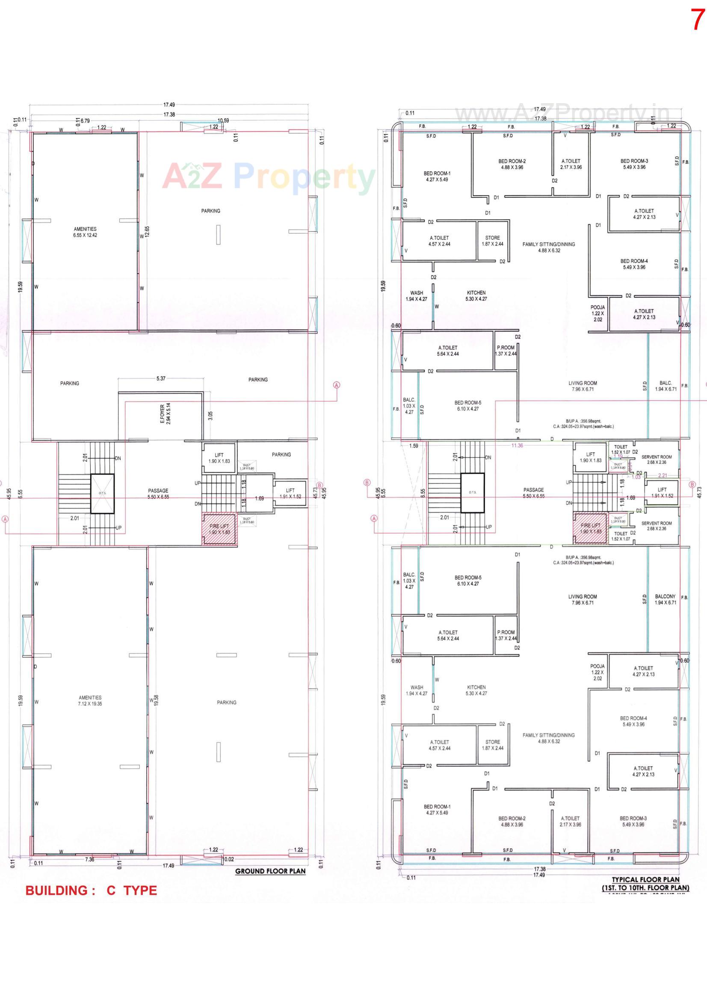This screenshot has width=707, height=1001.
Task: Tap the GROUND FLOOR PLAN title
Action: click(x=270, y=871)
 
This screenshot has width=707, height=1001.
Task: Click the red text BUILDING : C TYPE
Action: click(x=91, y=891)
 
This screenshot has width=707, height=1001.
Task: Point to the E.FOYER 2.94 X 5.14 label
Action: click(x=165, y=414)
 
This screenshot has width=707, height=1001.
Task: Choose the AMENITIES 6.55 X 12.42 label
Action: click(x=86, y=232)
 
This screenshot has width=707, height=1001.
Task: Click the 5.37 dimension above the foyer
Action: click(x=161, y=378)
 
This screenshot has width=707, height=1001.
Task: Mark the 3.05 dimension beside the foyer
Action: click(x=210, y=415)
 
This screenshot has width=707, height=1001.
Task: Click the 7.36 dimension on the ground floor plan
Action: click(x=89, y=859)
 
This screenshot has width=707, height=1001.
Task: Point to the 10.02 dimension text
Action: click(x=228, y=859)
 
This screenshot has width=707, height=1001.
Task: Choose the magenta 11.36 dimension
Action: click(x=517, y=446)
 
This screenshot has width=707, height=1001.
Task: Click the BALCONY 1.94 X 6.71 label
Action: click(x=665, y=599)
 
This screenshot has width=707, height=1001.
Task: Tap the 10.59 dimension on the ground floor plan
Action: click(x=223, y=120)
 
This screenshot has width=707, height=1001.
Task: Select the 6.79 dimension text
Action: click(x=85, y=121)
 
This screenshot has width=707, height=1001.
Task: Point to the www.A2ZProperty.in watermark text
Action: click(x=562, y=114)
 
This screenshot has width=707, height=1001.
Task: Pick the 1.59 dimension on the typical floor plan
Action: click(x=414, y=446)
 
